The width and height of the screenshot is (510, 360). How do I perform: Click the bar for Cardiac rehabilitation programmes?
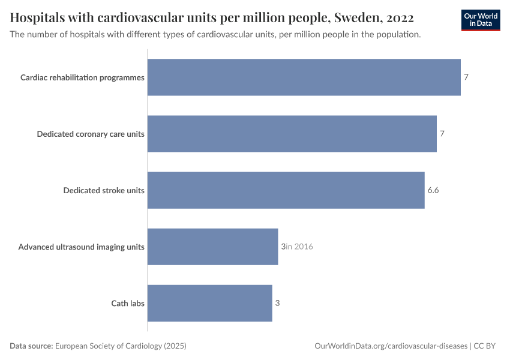[x=304, y=77]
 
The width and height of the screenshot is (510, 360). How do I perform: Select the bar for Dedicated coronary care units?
[x=292, y=134]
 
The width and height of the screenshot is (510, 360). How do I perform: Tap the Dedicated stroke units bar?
[x=286, y=190]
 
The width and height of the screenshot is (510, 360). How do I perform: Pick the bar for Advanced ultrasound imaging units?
[x=212, y=247]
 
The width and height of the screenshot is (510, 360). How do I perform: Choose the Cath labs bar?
[x=209, y=303]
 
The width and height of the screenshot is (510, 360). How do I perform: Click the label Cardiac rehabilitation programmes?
[x=82, y=77]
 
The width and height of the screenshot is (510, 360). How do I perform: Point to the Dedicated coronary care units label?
[x=91, y=134]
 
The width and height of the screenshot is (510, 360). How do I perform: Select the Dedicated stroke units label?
[x=104, y=190]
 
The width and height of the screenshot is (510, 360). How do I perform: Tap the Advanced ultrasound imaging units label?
[x=81, y=247]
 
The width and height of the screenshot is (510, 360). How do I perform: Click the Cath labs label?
[x=128, y=303]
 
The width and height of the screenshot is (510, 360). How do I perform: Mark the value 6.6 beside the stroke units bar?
[x=433, y=190]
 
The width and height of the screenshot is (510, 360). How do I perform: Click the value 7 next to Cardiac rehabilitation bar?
[x=466, y=77]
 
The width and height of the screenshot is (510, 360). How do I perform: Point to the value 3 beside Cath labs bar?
[x=277, y=303]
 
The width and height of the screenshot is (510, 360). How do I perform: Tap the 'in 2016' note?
[x=299, y=247]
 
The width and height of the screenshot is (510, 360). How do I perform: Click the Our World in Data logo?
[x=481, y=20]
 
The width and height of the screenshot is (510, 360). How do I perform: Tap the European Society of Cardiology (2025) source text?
[x=121, y=346]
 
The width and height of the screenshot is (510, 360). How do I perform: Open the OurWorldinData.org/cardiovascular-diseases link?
[x=391, y=346]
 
